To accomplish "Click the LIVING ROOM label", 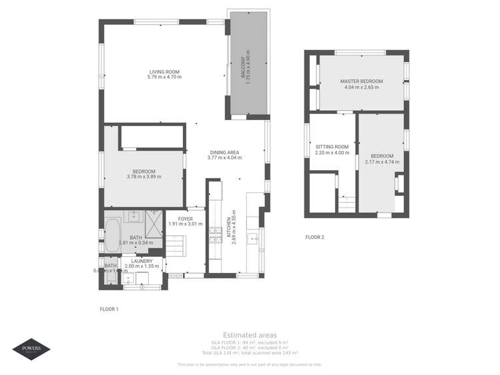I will (164, 71).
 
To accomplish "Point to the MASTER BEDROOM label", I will (361, 81).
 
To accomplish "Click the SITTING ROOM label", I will (332, 147).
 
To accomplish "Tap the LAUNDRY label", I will (142, 261).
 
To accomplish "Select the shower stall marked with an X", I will (154, 222).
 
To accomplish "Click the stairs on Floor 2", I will (346, 205).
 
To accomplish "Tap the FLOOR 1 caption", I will (108, 309).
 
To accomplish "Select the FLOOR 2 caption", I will (314, 237).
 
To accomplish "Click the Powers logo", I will (31, 349).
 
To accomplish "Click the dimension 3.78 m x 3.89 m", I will (144, 177).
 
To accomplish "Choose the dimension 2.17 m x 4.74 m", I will (382, 161).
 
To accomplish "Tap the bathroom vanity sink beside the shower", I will (134, 216).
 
